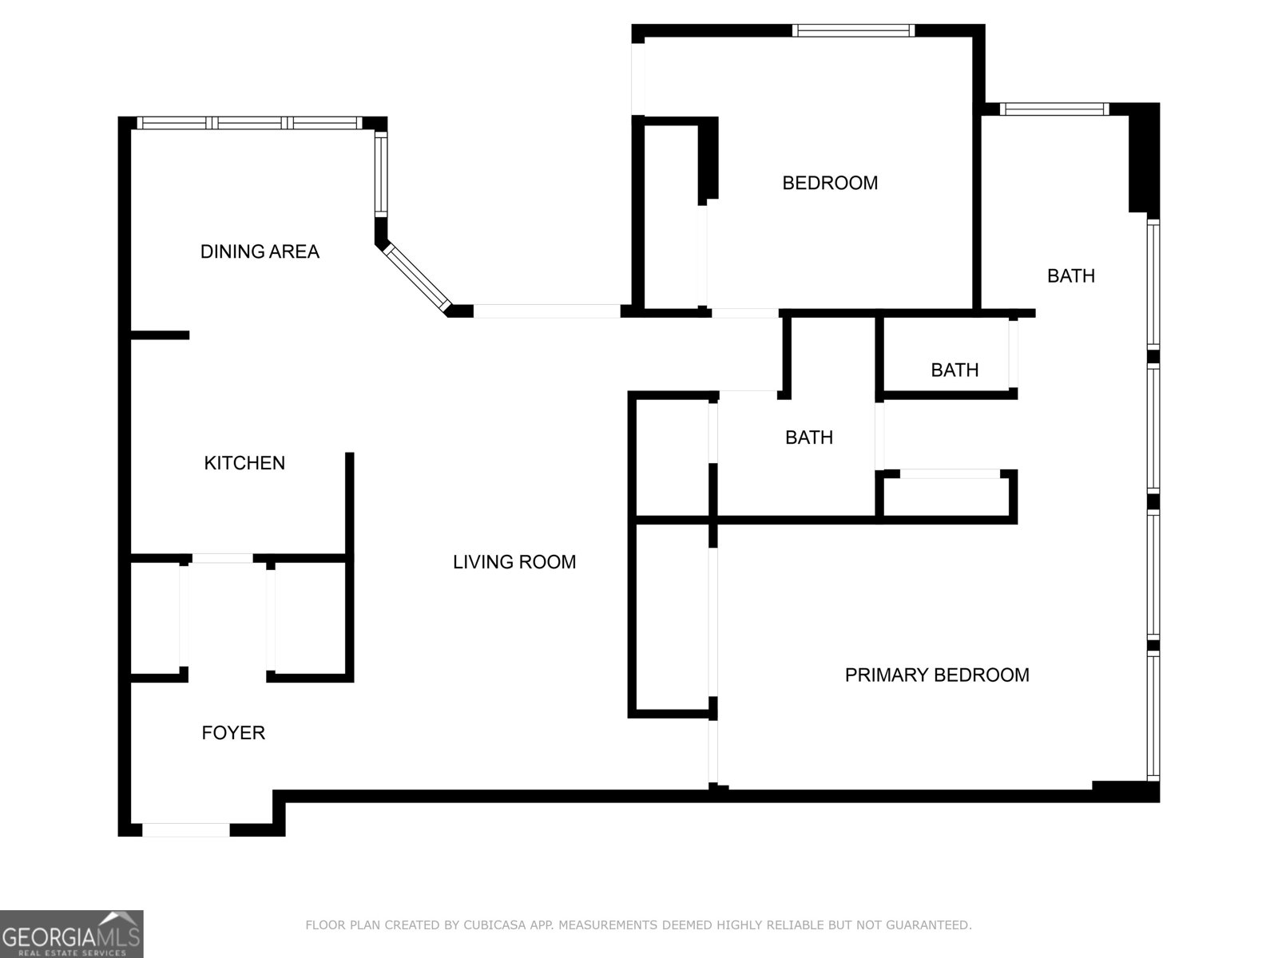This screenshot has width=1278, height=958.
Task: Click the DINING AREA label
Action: (260, 251)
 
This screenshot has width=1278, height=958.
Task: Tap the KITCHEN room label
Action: (244, 463)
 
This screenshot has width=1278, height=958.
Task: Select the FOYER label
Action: (233, 733)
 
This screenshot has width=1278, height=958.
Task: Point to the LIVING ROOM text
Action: (514, 562)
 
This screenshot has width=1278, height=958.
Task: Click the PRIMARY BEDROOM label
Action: (937, 675)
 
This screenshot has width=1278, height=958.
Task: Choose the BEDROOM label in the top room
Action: (830, 183)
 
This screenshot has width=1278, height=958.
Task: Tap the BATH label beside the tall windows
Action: (1071, 276)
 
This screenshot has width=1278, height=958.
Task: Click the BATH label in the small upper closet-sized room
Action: (955, 370)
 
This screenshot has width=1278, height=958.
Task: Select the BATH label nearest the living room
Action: (808, 437)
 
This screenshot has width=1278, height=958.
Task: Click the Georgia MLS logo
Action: (71, 933)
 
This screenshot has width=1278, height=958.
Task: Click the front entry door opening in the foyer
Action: (186, 830)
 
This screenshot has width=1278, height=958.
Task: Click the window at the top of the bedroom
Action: (853, 31)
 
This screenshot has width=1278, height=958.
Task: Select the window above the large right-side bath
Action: (1054, 109)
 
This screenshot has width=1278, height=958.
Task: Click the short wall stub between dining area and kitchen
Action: (160, 335)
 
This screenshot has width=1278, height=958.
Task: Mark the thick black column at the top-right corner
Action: (1143, 160)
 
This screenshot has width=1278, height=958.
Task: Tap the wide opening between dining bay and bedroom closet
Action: (546, 311)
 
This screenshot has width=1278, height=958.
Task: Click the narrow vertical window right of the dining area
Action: (381, 173)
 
